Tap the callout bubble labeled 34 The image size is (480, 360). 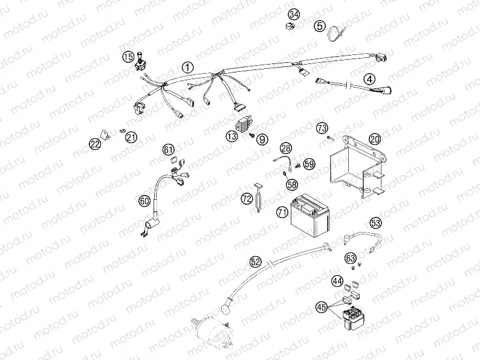click(x=294, y=14)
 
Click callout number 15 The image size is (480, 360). click(x=128, y=57)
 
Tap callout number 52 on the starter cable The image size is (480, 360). click(x=256, y=262)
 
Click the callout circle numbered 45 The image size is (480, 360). click(x=322, y=307)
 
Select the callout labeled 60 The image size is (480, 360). click(x=144, y=201)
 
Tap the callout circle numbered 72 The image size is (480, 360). click(x=247, y=198)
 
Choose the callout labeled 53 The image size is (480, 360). click(x=375, y=223)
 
